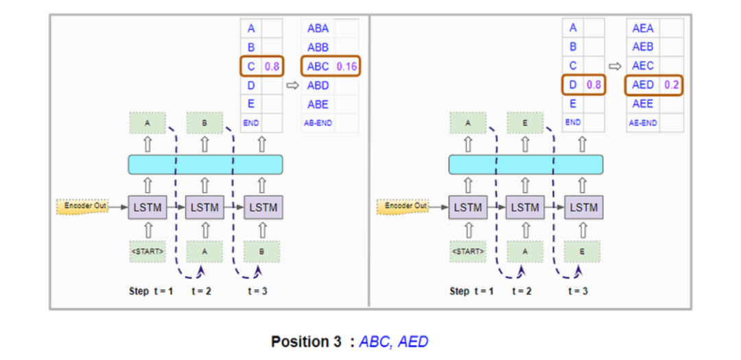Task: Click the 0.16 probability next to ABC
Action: coord(348,67)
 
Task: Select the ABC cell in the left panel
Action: coord(318,67)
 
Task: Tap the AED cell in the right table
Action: coord(643,85)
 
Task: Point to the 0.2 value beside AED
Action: coord(672,85)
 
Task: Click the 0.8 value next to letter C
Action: coord(272,67)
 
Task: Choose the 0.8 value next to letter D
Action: coord(593,85)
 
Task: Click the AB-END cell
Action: coord(318,123)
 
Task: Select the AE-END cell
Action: coord(643,123)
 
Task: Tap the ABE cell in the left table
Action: coord(318,104)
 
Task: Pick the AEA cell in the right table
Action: coord(643,29)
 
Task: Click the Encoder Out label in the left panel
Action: coord(82,206)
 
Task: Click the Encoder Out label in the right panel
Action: coord(403,206)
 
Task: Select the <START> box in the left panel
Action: coord(147,252)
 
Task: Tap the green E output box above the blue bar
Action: coord(525,123)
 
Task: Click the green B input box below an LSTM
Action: coord(262,252)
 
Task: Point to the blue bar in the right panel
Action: coord(526,165)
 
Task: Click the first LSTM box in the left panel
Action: coord(147,207)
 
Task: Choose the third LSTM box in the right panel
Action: coord(583,207)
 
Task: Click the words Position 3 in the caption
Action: coord(309,341)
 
